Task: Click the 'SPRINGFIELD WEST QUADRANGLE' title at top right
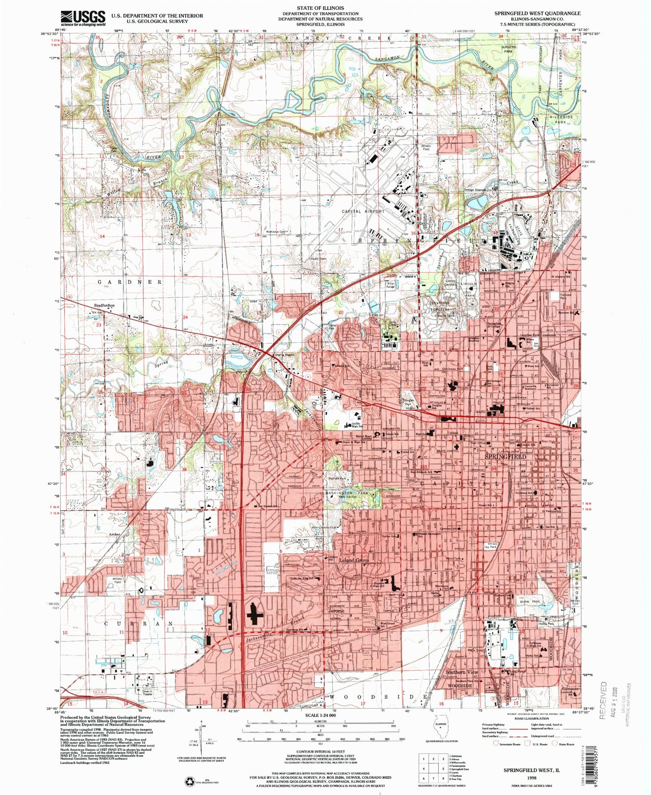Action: [537, 13]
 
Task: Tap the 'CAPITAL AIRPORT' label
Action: [363, 211]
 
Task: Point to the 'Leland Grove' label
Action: [353, 561]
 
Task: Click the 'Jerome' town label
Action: [336, 610]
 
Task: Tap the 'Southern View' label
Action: [462, 672]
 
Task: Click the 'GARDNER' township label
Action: [130, 282]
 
